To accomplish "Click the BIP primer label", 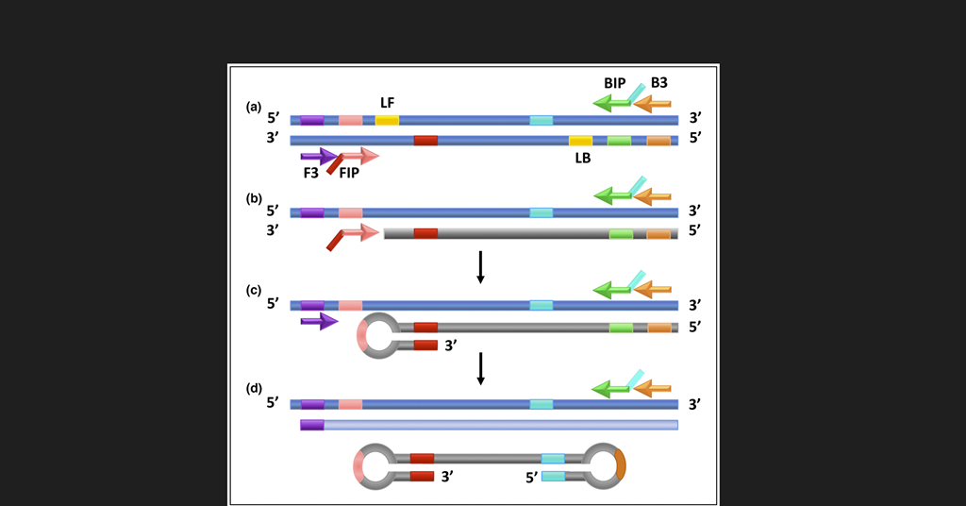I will pos(614,83).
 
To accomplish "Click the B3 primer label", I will pos(658,83).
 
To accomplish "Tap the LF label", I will pos(387,102).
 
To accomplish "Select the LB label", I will pos(583,158).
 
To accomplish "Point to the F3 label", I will pos(310,173).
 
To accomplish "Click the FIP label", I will pos(349,173).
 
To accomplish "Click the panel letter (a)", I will pos(254,108).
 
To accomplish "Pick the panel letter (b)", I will pos(254,199).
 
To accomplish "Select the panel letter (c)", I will pos(254,291).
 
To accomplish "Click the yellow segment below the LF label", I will pos(387,120).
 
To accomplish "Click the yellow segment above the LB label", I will pos(580,141).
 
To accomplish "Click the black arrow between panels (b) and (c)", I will pos(480,267).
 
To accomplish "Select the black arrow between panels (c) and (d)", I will pos(480,368).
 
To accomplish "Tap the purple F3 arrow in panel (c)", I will pos(319,322).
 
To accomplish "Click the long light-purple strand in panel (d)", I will pos(500,425).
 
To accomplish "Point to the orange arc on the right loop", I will pos(620,464).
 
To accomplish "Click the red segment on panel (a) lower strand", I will pos(425,141).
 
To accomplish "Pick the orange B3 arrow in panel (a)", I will pos(652,103).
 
